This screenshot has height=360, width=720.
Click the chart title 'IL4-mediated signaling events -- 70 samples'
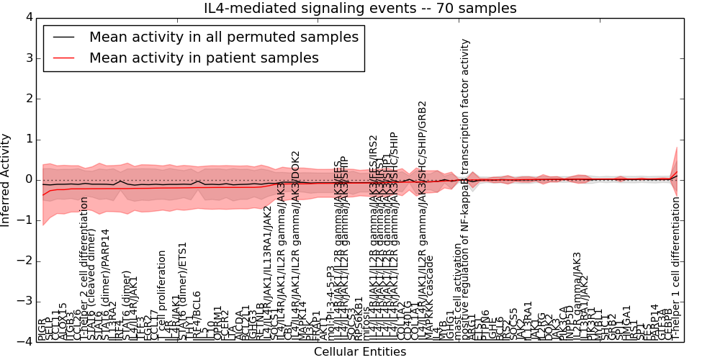(x=360, y=9)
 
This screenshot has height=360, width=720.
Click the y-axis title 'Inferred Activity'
(x=6, y=179)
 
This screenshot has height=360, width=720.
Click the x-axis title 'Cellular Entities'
(x=360, y=352)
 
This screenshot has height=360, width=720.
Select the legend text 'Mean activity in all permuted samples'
(x=223, y=37)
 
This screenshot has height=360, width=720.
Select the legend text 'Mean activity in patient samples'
(x=204, y=58)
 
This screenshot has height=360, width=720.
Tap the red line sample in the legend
(x=63, y=58)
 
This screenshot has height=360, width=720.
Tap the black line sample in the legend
(x=63, y=37)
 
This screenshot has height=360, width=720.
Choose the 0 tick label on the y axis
(x=29, y=179)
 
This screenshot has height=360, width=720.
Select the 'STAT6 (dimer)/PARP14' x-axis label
(x=105, y=285)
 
